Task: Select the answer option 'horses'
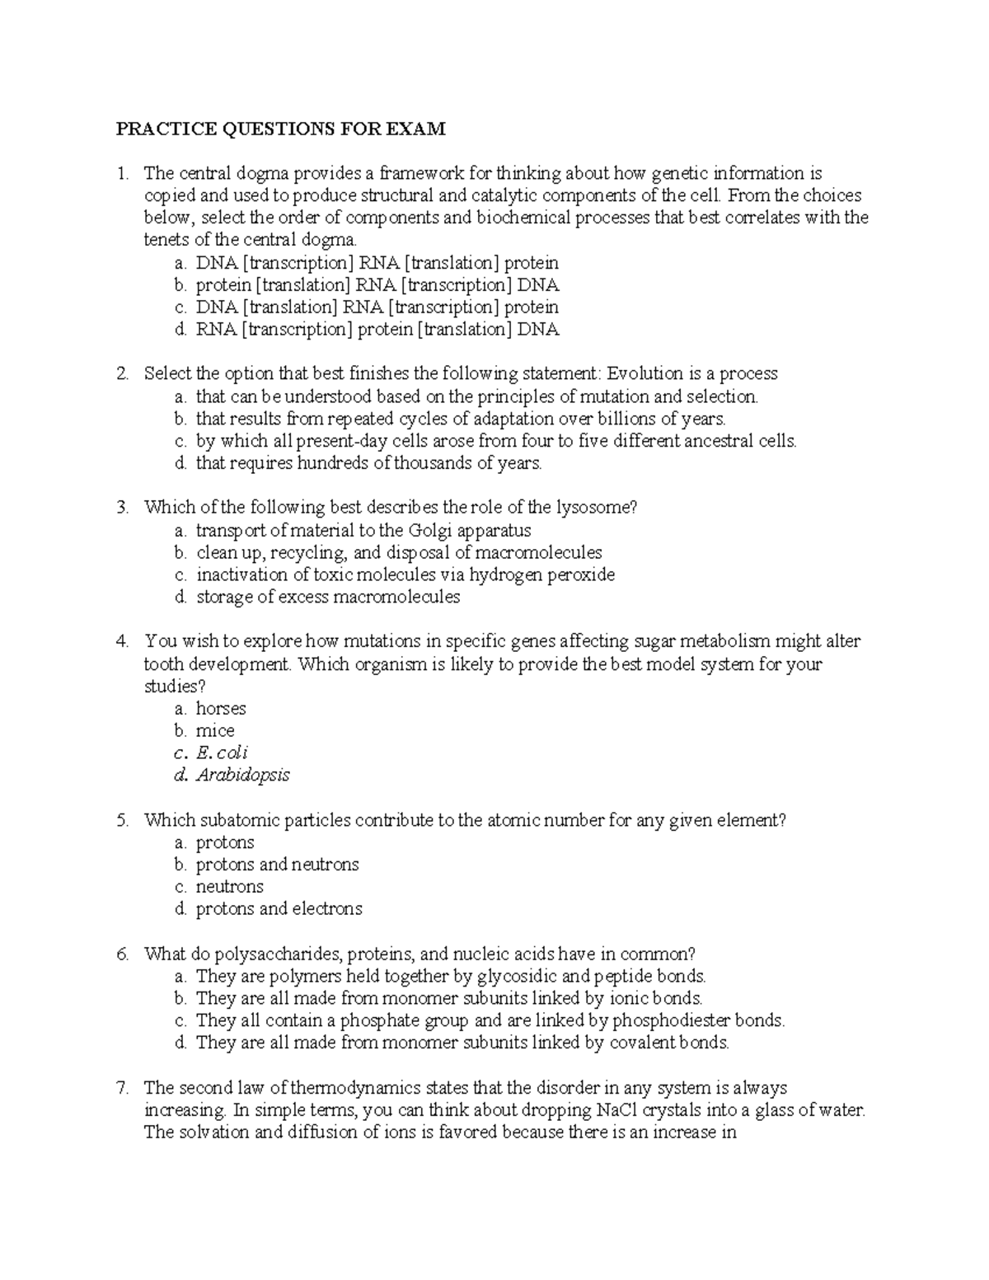221,709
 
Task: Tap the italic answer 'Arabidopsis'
242,776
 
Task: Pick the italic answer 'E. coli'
222,753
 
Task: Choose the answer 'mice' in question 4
215,731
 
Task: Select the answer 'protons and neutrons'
277,865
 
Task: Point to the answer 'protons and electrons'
279,909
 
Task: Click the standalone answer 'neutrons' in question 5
229,887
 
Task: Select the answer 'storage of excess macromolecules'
327,597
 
